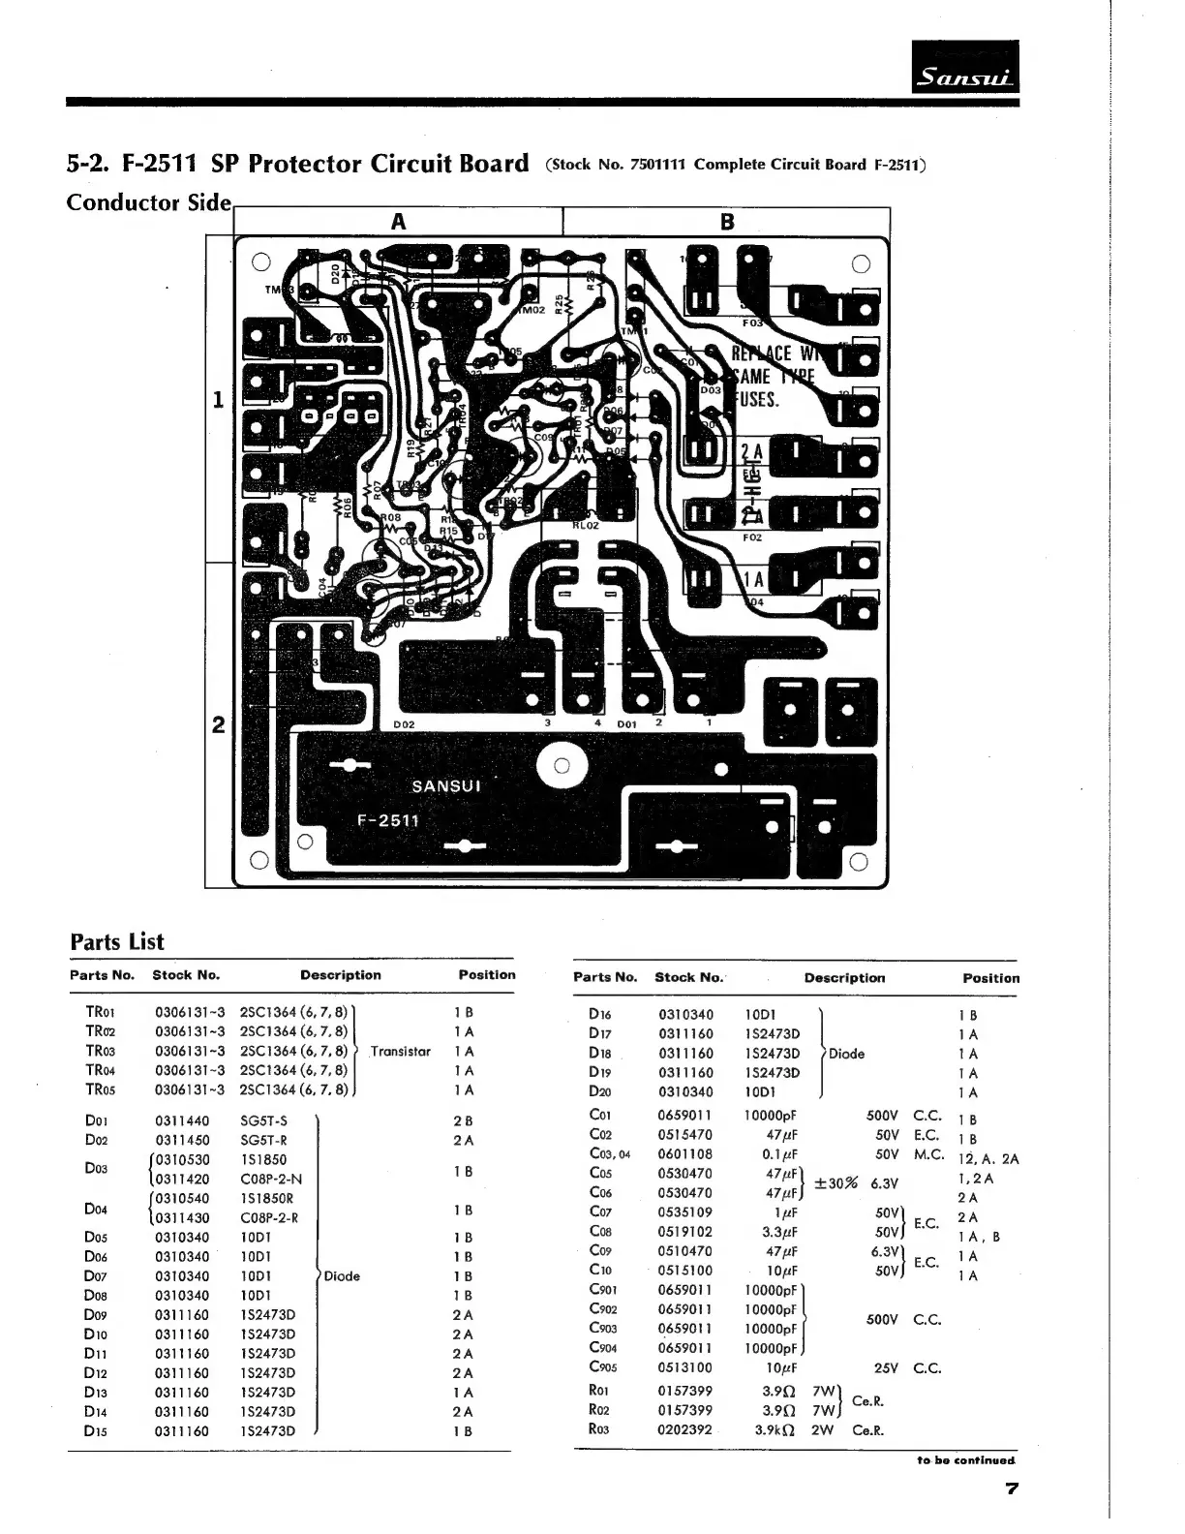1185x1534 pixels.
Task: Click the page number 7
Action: pos(1011,1488)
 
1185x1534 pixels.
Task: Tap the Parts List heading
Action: pos(117,942)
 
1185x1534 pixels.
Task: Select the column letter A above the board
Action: pos(398,222)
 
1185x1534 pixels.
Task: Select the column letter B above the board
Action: pos(727,222)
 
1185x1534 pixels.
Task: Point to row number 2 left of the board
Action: pos(219,724)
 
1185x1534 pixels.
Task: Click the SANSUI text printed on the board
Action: pos(445,785)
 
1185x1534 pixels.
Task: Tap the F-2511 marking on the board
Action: pos(388,820)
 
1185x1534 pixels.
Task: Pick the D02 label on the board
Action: pos(404,724)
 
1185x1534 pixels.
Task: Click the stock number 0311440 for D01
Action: pos(181,1120)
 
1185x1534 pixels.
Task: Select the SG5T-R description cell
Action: pos(264,1140)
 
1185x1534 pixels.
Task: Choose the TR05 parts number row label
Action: pos(101,1089)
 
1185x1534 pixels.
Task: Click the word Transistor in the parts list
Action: pos(400,1051)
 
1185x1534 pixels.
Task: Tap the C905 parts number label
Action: pos(603,1367)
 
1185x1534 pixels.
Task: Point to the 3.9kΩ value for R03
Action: pos(775,1430)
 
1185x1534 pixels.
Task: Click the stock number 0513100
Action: pos(684,1367)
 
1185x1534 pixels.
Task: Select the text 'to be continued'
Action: pos(966,1459)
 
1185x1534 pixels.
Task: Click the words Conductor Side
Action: pos(148,202)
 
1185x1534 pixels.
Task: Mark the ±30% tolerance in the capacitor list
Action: pos(836,1183)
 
